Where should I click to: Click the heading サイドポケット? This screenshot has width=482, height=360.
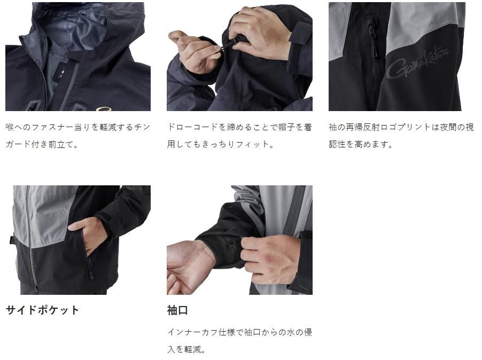[42, 310]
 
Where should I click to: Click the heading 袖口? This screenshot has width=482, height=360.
[177, 310]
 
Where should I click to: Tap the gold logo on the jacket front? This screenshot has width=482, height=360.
[103, 108]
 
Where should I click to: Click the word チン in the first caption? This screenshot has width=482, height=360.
[142, 127]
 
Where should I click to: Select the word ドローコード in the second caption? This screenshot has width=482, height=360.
[192, 127]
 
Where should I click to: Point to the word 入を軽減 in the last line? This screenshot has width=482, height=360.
[184, 349]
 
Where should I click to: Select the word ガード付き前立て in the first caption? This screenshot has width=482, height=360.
[38, 144]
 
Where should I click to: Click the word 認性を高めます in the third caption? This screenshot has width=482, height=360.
[359, 144]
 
